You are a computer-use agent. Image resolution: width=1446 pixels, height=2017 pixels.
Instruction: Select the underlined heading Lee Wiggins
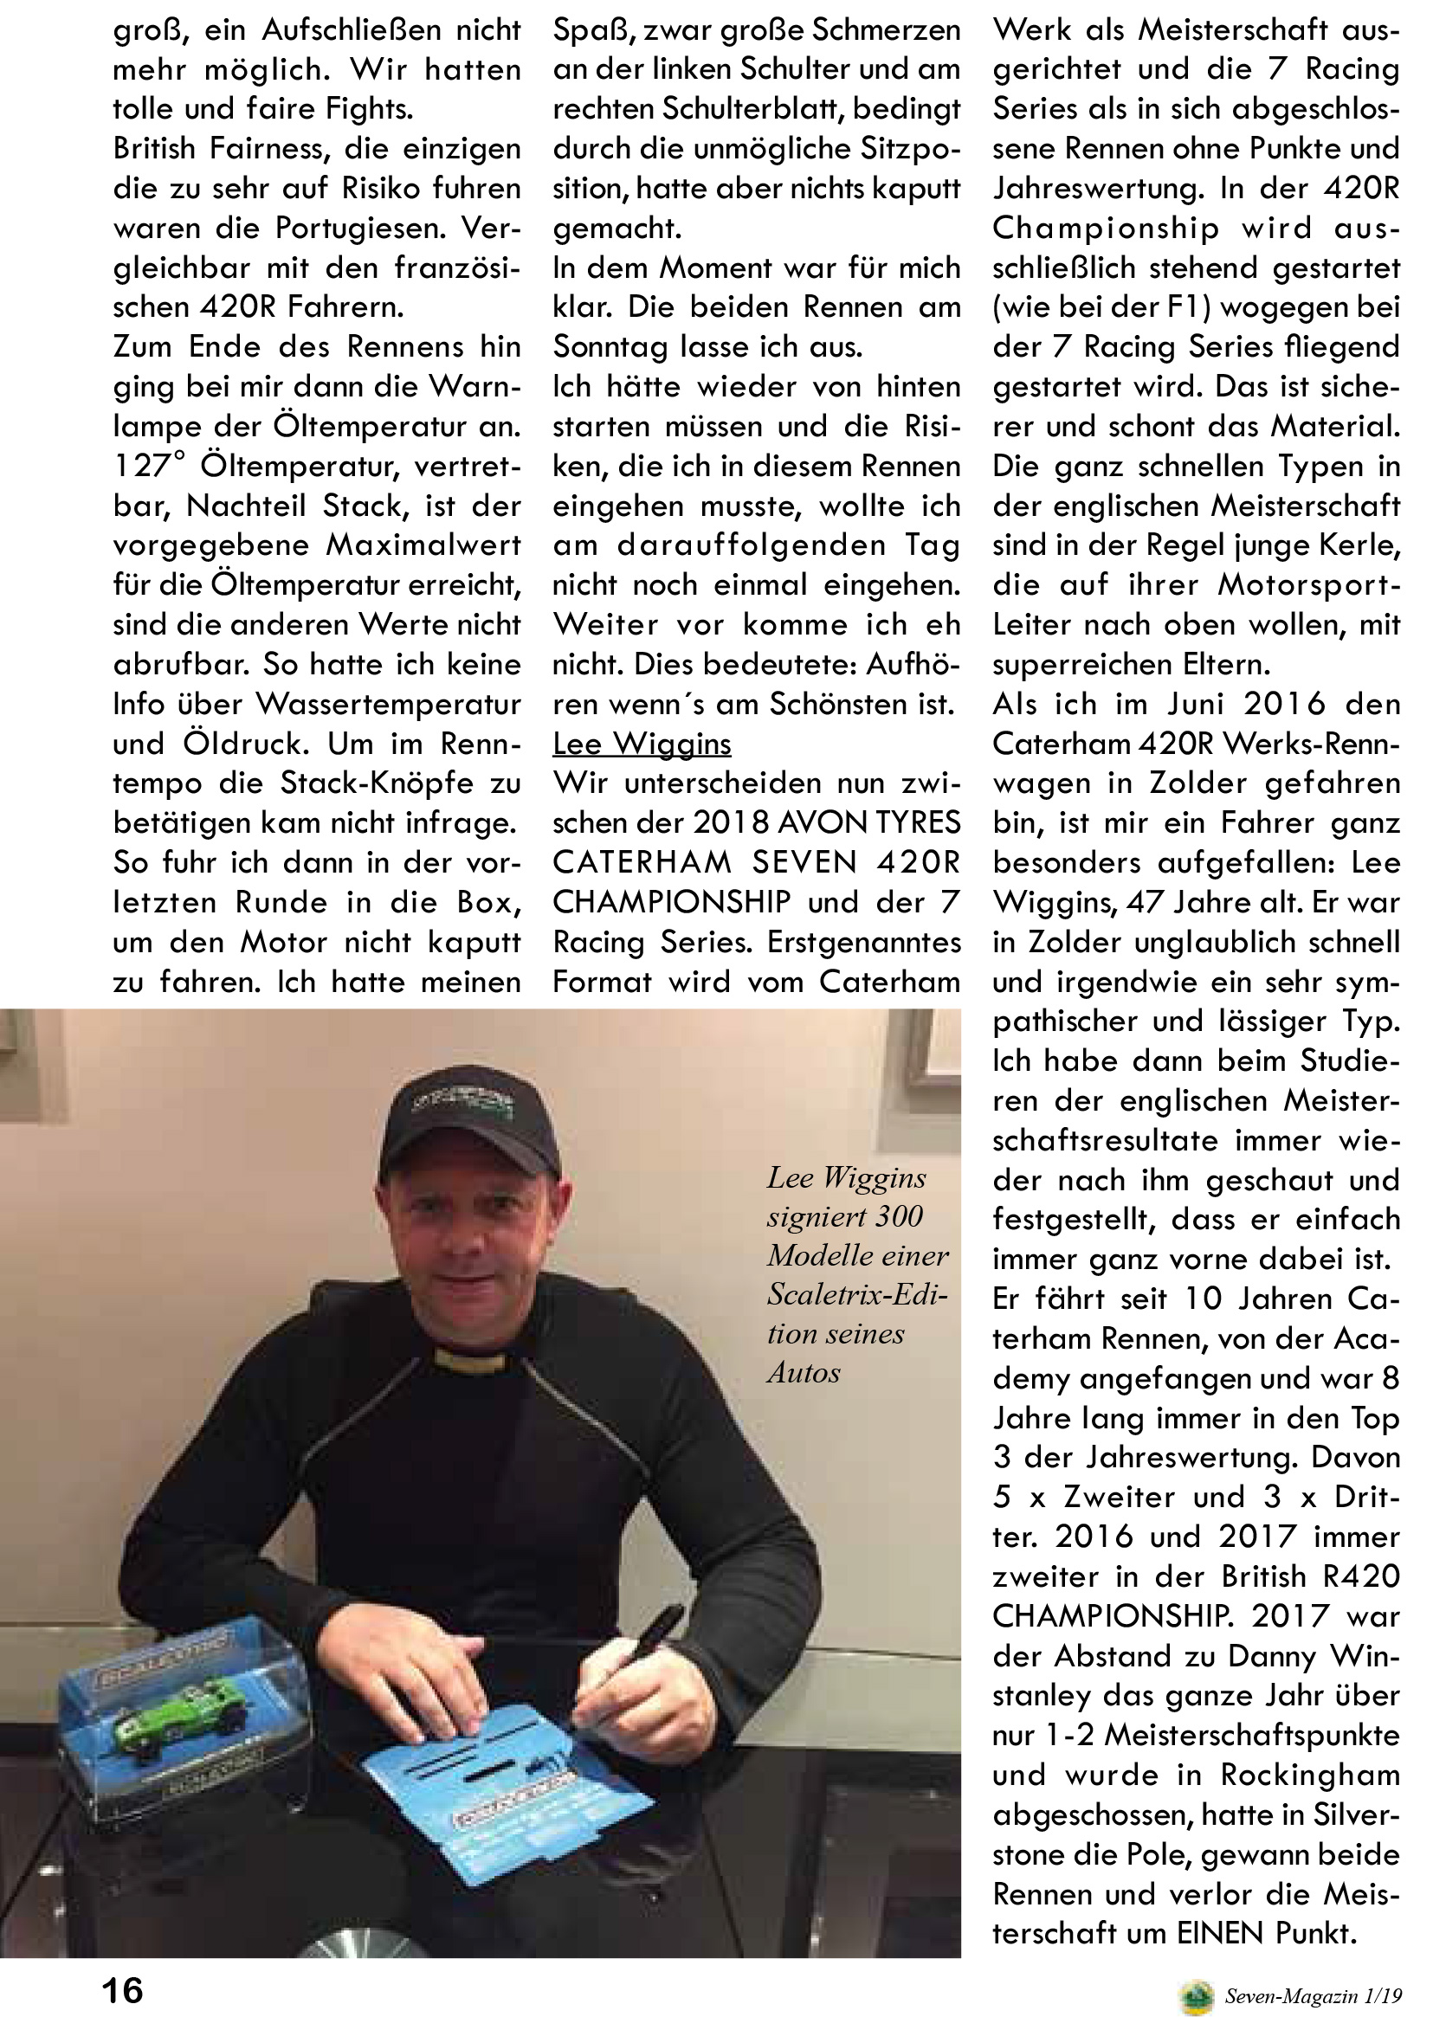point(642,743)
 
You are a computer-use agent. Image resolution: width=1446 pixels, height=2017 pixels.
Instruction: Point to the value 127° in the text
point(151,466)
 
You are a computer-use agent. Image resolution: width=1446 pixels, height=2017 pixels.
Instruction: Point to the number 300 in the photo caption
point(895,1215)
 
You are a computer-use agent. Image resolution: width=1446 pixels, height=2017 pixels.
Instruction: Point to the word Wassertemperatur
point(388,704)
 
